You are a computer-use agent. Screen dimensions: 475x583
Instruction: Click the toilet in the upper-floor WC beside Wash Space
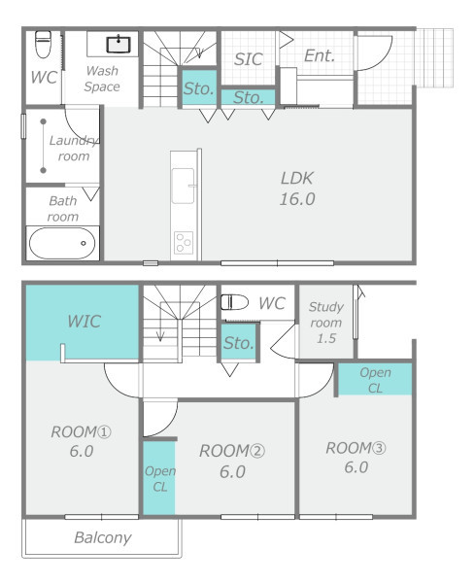(x=43, y=45)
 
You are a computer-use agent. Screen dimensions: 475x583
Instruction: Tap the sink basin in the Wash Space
(x=119, y=45)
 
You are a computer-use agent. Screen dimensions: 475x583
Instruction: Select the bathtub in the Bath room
(x=62, y=243)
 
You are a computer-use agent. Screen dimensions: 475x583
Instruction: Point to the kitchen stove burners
(x=184, y=243)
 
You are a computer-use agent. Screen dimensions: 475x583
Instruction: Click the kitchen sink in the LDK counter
(x=183, y=186)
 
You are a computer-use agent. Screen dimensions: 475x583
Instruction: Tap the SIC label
(x=249, y=59)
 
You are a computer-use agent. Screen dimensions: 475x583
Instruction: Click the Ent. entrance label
(x=320, y=55)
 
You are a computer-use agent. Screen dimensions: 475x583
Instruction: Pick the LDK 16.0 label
(x=297, y=189)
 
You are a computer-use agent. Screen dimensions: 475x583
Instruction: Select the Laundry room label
(x=74, y=148)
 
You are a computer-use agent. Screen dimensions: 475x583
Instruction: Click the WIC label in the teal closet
(x=84, y=322)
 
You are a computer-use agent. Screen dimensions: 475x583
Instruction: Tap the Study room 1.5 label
(x=326, y=323)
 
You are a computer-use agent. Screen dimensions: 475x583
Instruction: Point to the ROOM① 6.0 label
(x=81, y=441)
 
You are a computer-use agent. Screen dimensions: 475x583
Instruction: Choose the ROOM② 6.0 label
(x=232, y=461)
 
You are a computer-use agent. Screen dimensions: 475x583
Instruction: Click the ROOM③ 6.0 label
(x=356, y=458)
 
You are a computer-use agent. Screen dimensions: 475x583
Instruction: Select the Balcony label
(x=103, y=537)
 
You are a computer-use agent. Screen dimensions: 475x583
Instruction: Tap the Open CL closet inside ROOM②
(x=159, y=478)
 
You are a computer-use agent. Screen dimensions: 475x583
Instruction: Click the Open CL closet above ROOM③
(x=375, y=379)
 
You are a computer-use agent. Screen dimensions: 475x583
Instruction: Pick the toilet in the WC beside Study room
(x=234, y=302)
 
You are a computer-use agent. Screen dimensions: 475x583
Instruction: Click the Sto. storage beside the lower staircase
(x=238, y=342)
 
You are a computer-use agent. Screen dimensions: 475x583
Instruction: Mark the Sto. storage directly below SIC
(x=249, y=97)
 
